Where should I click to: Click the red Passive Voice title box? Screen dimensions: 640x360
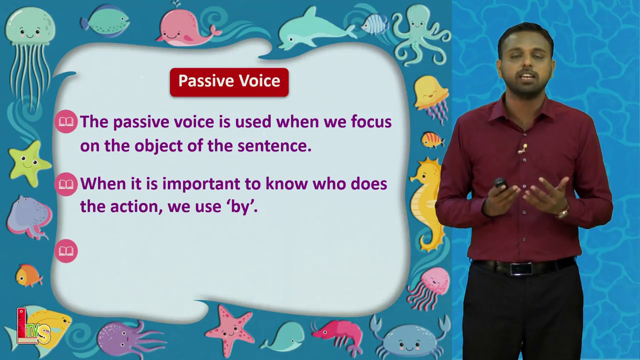click(x=229, y=82)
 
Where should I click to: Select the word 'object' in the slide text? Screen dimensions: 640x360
click(x=158, y=146)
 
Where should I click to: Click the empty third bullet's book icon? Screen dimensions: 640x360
click(x=66, y=251)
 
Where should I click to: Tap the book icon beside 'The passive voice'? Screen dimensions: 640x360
click(x=66, y=121)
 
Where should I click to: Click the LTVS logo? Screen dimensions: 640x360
click(x=33, y=326)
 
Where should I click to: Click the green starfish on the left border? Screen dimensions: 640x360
click(x=29, y=163)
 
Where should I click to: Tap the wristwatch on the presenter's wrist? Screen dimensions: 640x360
click(x=563, y=213)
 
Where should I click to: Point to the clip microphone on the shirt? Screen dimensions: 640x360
click(x=523, y=148)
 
